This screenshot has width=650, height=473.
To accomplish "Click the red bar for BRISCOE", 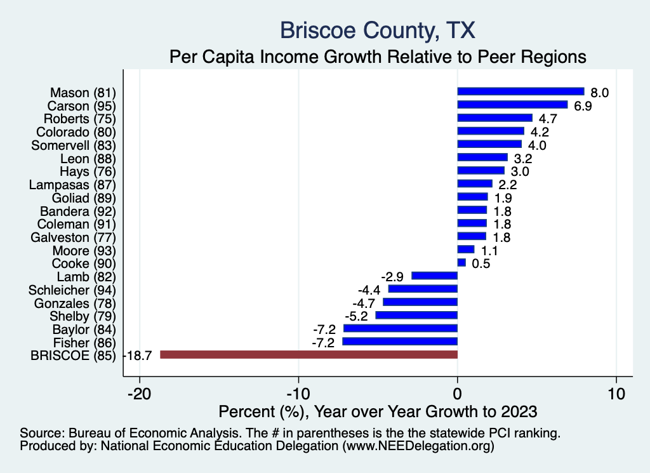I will pyautogui.click(x=308, y=355).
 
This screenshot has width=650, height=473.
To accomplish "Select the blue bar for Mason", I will pyautogui.click(x=521, y=91).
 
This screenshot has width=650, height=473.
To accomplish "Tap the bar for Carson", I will pyautogui.click(x=512, y=105).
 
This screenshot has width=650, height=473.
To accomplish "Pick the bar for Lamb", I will pyautogui.click(x=435, y=276).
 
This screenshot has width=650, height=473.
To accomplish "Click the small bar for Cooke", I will pyautogui.click(x=461, y=262).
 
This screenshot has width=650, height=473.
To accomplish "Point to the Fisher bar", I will pyautogui.click(x=400, y=342).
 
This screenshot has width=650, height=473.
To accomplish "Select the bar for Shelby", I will pyautogui.click(x=416, y=315).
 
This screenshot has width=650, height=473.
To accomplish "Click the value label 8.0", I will pyautogui.click(x=599, y=93).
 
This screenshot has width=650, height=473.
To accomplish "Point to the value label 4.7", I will pyautogui.click(x=548, y=119).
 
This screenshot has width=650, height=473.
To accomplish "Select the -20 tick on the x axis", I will pyautogui.click(x=140, y=392).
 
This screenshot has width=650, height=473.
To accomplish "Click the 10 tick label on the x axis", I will pyautogui.click(x=616, y=392).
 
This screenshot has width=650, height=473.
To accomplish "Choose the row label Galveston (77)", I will pyautogui.click(x=74, y=237).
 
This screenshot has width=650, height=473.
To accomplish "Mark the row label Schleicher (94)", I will pyautogui.click(x=72, y=290).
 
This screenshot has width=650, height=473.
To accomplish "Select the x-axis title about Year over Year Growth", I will pyautogui.click(x=377, y=411).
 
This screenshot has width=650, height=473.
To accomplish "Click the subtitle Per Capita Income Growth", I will pyautogui.click(x=377, y=57).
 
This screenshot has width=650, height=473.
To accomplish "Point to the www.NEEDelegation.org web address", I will pyautogui.click(x=418, y=446).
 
